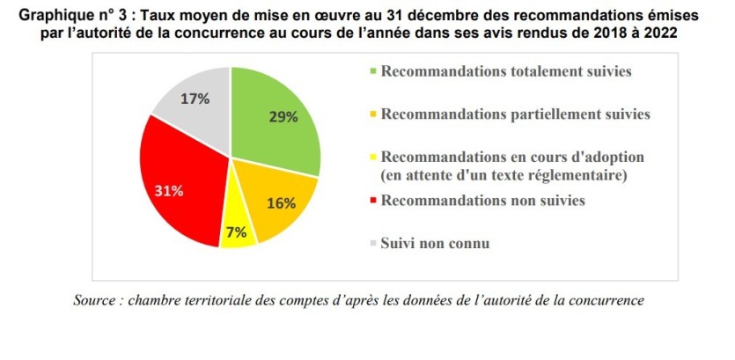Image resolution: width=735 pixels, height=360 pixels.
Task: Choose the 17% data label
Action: (x=195, y=99)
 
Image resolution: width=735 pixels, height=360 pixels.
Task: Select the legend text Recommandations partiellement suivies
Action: (x=516, y=114)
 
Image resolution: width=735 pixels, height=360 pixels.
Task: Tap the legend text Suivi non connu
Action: (x=436, y=241)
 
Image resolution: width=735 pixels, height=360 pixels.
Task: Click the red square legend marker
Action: (x=374, y=202)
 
